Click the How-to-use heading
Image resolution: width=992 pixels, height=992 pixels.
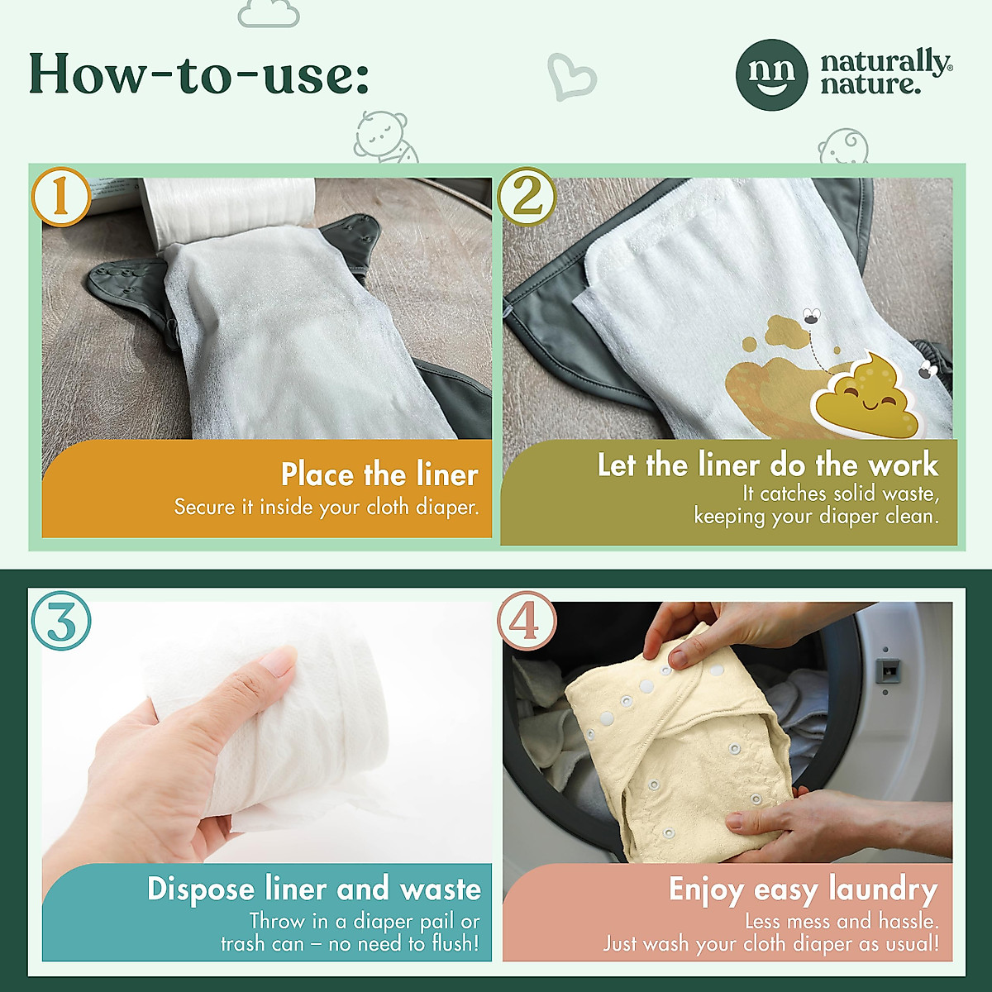[x=198, y=74]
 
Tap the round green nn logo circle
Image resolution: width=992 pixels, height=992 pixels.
[x=771, y=74]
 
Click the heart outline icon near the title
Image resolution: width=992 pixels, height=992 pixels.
[x=571, y=77]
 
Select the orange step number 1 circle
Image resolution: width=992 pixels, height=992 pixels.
[x=61, y=197]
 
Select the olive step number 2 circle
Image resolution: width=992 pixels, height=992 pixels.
[x=527, y=197]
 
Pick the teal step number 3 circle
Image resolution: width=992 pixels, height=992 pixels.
[x=61, y=621]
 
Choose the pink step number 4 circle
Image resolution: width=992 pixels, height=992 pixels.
[x=527, y=621]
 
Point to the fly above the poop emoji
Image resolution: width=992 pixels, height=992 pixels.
[x=812, y=316]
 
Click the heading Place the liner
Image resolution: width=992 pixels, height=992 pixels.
[x=379, y=475]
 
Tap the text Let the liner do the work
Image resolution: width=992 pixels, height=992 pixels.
[x=767, y=465]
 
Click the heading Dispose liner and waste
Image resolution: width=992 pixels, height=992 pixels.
[x=314, y=889]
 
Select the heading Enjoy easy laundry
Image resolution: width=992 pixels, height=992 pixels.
[x=803, y=889]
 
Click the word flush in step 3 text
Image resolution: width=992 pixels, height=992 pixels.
[x=454, y=943]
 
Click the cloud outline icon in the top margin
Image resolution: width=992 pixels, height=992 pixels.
[x=269, y=13]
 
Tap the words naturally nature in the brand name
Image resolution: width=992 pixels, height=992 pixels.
[x=885, y=73]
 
